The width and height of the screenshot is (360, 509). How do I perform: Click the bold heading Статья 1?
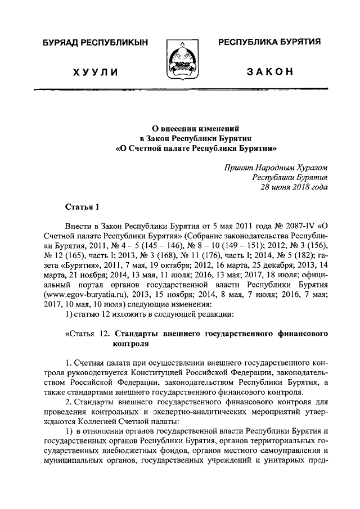coord(82,206)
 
